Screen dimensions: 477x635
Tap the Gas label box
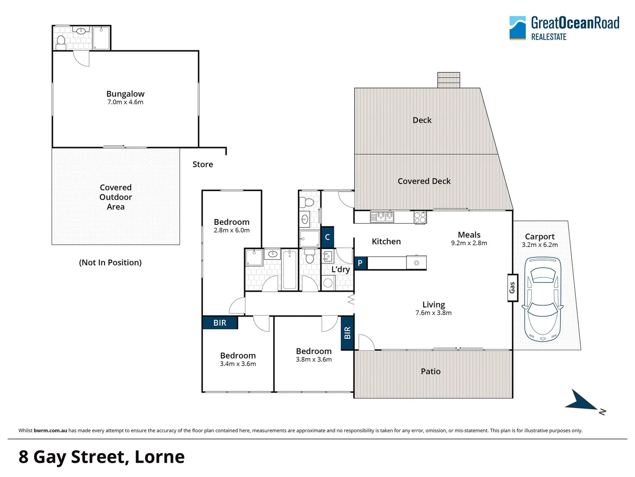pos(512,288)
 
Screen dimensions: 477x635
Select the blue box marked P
pos(360,263)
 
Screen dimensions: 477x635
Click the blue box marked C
pos(327,237)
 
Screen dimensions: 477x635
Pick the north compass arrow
pos(582,400)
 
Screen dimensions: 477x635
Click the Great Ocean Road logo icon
pos(517,28)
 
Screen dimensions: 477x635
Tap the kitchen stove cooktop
pos(420,217)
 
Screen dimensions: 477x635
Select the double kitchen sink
pos(382,216)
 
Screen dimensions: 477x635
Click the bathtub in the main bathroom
pos(289,269)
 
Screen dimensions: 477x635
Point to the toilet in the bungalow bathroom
pos(61,42)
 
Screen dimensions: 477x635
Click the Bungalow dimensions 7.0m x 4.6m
pos(125,102)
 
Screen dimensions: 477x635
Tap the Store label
pos(203,164)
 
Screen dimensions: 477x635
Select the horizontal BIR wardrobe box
pos(220,323)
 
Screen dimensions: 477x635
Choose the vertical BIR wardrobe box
pos(347,333)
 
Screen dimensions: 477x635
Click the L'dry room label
pos(341,269)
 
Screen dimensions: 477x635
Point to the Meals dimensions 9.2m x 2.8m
pos(469,243)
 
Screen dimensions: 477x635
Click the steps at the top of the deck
pos(448,80)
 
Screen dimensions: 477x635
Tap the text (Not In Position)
pos(110,262)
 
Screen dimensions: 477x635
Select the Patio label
pos(431,371)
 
